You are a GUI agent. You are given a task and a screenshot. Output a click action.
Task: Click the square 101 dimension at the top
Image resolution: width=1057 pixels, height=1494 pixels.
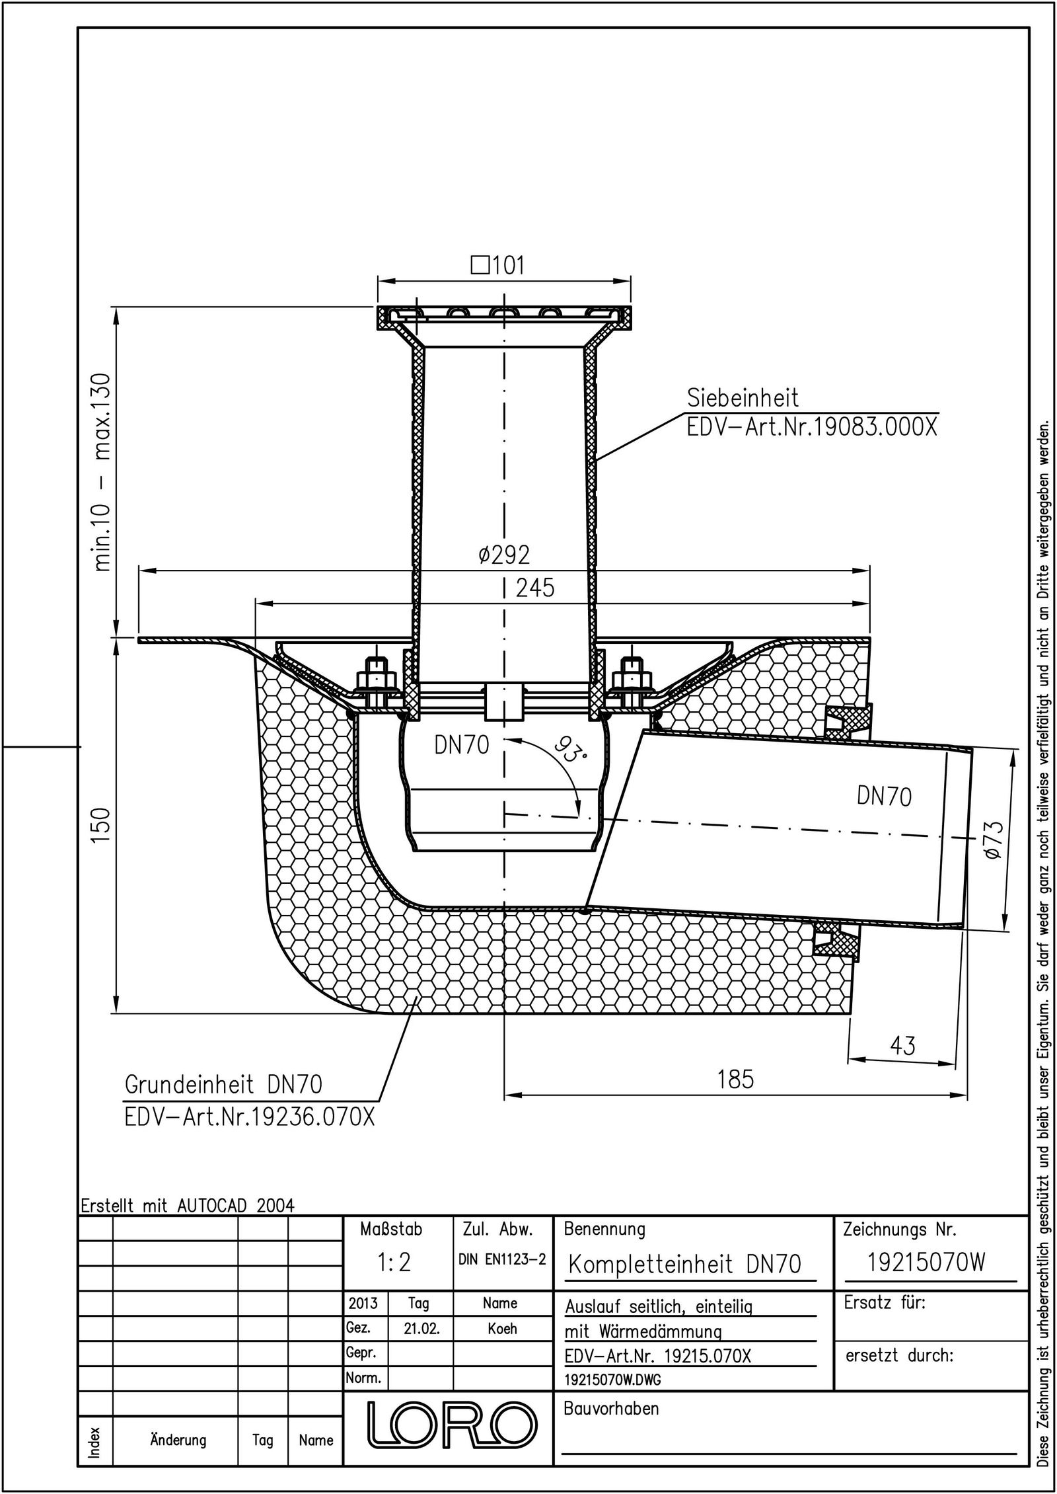(x=498, y=266)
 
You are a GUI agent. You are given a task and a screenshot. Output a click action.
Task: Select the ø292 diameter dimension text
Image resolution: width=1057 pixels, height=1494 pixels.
(x=504, y=555)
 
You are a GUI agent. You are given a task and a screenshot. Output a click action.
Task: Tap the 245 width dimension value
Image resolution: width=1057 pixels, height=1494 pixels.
(x=535, y=588)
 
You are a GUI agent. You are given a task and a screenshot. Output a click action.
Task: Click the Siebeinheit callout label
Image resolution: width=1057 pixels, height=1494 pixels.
(x=743, y=398)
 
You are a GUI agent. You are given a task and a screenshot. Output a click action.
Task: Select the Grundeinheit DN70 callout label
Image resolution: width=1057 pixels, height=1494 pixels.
(x=224, y=1085)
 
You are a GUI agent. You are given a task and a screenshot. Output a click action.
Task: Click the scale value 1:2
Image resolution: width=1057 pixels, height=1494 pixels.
(x=394, y=1263)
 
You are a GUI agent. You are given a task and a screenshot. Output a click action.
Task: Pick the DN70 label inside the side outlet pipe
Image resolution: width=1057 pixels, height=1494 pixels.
(x=884, y=797)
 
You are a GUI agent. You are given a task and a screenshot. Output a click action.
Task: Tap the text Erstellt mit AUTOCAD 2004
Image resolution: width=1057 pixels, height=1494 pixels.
(x=187, y=1204)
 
